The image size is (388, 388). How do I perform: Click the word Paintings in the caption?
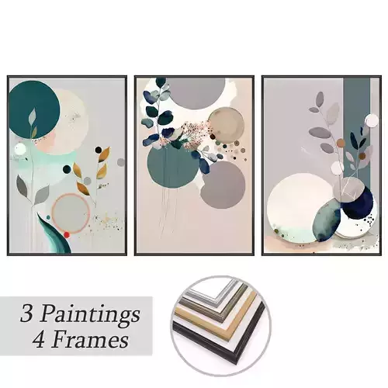point(92,315)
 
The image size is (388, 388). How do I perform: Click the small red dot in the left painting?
point(68,234)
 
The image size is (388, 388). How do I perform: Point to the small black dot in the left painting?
point(98,149)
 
